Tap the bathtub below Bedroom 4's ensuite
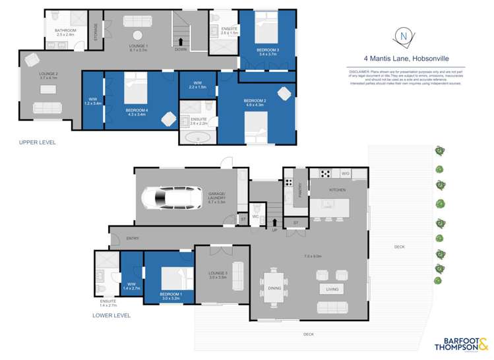click(197, 138)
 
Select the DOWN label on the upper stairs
click(180, 48)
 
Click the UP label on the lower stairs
click(274, 229)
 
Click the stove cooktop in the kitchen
click(325, 173)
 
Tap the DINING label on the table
click(274, 287)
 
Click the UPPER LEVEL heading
click(38, 142)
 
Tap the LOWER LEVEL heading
click(111, 315)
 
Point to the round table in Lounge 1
click(138, 36)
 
